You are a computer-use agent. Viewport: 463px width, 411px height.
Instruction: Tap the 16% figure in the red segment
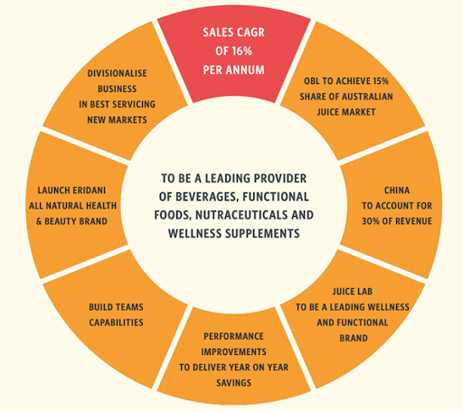click(241, 51)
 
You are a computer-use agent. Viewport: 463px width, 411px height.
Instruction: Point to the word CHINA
click(397, 191)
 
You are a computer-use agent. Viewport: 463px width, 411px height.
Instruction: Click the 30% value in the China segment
click(371, 221)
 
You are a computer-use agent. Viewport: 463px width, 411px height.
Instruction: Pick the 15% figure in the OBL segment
click(381, 81)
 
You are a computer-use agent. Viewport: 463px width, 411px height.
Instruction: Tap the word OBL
click(311, 81)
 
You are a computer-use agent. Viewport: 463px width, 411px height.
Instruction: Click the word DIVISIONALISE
click(118, 73)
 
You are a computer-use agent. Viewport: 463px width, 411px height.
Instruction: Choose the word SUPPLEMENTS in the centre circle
click(262, 233)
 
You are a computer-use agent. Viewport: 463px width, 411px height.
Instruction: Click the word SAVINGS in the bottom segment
click(233, 383)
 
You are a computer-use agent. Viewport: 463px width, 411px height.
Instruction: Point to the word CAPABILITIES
click(117, 322)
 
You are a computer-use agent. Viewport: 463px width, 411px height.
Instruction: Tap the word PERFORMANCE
click(233, 336)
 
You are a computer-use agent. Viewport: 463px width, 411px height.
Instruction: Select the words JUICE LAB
click(353, 292)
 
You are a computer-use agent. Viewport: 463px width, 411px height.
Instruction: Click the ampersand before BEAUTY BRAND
click(39, 221)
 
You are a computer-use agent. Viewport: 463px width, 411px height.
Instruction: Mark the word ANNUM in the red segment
click(245, 70)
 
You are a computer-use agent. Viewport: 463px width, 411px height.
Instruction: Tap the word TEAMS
click(129, 307)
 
